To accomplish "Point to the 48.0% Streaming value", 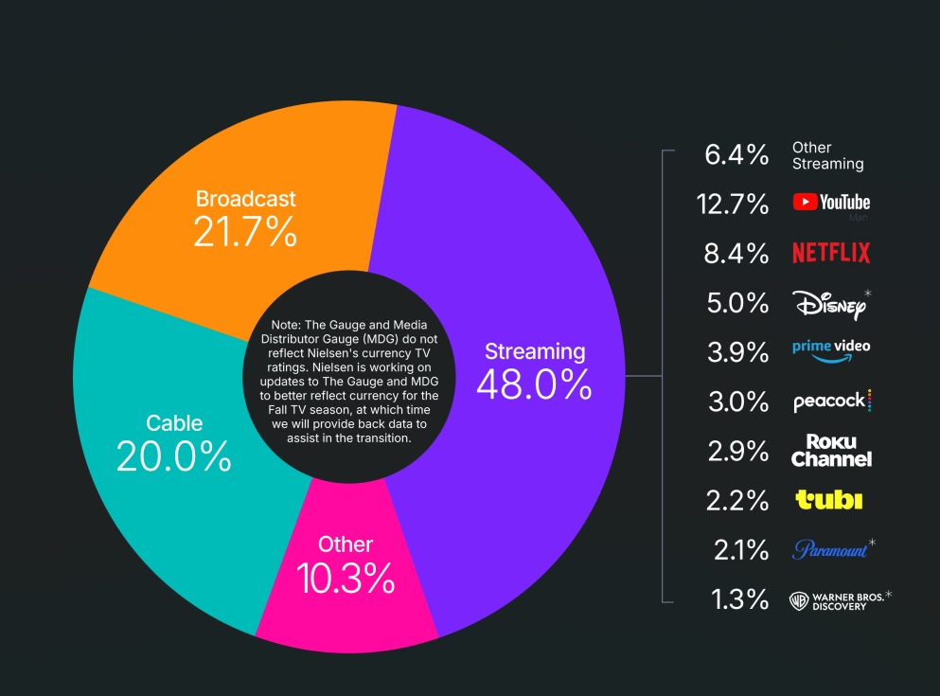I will pyautogui.click(x=535, y=384).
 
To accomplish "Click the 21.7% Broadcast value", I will pyautogui.click(x=245, y=231).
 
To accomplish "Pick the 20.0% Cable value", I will pyautogui.click(x=174, y=456).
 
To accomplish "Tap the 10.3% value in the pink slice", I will pyautogui.click(x=346, y=579).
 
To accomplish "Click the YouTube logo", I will pyautogui.click(x=831, y=202).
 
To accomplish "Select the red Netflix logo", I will pyautogui.click(x=831, y=253).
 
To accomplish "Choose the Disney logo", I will pyautogui.click(x=829, y=303).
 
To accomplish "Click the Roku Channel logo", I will pyautogui.click(x=831, y=451).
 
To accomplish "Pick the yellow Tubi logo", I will pyautogui.click(x=829, y=500).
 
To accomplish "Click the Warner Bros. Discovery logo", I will pyautogui.click(x=838, y=600).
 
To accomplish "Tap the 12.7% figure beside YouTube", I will pyautogui.click(x=737, y=203).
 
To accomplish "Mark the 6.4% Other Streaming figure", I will pyautogui.click(x=737, y=153).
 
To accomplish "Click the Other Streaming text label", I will pyautogui.click(x=827, y=155).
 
